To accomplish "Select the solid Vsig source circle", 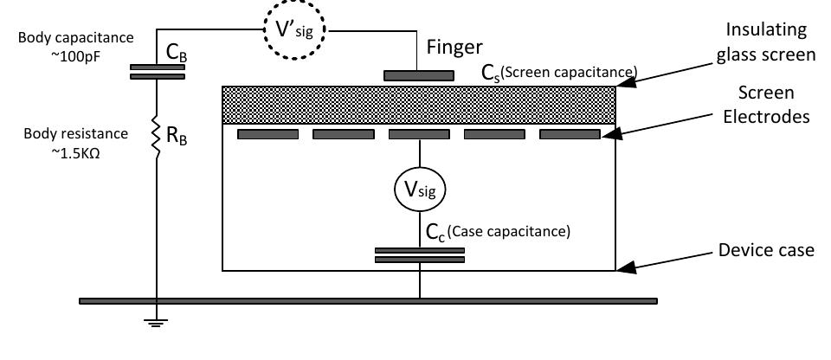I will coord(420,186).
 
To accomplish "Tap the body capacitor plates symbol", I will coord(156,70).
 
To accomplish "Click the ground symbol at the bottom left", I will coord(156,321).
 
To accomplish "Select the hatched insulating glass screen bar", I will coord(419,105).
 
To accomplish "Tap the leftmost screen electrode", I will coord(267,134).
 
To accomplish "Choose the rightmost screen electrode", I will coord(570,134).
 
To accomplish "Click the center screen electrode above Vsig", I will coord(420,134).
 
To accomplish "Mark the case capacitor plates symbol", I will coord(420,254).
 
